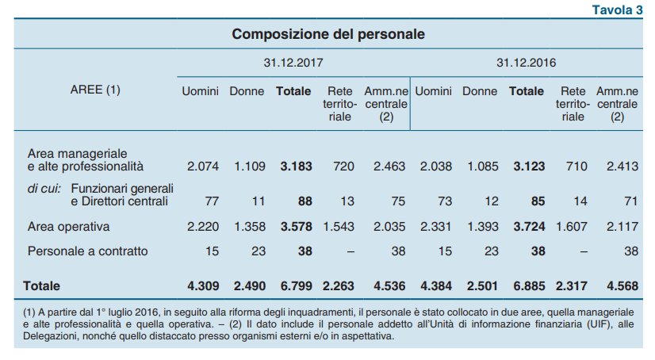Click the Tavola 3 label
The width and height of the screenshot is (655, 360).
617,9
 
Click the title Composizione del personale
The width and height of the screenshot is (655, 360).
328,35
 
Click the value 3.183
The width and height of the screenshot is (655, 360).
296,167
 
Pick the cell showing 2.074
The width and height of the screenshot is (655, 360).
202,167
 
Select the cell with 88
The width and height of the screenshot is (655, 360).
302,201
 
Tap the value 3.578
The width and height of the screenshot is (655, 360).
296,228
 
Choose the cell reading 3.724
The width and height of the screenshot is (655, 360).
528,228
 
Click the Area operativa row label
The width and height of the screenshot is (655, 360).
68,228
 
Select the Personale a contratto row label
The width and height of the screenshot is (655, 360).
87,251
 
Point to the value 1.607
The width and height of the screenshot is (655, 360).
573,228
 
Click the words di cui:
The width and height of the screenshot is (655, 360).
46,188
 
